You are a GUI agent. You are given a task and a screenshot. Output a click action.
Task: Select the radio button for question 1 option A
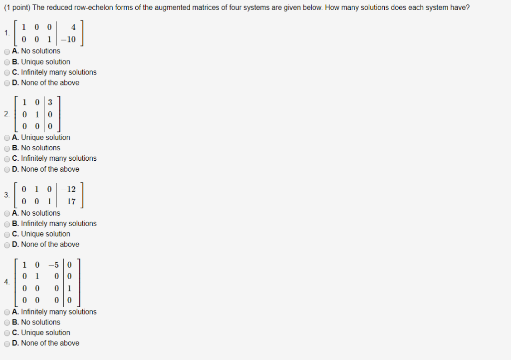(6, 51)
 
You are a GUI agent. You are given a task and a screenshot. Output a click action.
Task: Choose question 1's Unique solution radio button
(6, 62)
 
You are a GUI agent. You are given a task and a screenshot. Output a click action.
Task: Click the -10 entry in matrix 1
(68, 39)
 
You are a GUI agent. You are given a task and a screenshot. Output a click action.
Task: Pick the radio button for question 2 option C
(6, 159)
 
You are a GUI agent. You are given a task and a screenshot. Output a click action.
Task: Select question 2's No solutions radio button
(6, 148)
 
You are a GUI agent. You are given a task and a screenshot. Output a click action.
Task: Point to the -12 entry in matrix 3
(68, 189)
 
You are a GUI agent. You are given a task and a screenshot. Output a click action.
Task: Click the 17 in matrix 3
(71, 201)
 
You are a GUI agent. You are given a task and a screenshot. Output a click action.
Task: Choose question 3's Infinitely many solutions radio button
(6, 224)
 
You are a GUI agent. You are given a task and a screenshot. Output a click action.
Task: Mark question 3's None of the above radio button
(6, 245)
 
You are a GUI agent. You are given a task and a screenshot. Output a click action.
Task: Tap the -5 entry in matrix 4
(54, 265)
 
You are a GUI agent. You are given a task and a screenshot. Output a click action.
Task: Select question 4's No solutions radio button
(6, 323)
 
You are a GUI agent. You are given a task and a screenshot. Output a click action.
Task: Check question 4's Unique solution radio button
(6, 333)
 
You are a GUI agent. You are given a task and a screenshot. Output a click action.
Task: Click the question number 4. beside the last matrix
(6, 282)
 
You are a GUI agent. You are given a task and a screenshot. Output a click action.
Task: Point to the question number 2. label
(6, 114)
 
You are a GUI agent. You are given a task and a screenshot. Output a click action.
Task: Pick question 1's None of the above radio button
(6, 83)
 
